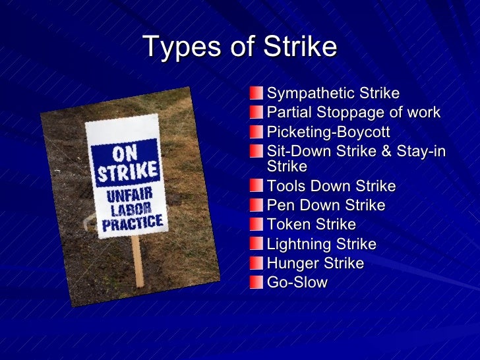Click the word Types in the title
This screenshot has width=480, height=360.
[173, 47]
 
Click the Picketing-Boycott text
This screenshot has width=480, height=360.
[328, 132]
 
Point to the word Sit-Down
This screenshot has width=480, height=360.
[295, 152]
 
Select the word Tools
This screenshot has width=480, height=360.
[285, 186]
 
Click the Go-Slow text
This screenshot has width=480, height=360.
[297, 283]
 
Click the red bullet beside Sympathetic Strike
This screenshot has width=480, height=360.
[256, 94]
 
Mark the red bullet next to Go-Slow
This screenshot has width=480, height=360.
[256, 283]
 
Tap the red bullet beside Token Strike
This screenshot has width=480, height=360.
[256, 225]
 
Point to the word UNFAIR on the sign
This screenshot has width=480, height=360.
[129, 195]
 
